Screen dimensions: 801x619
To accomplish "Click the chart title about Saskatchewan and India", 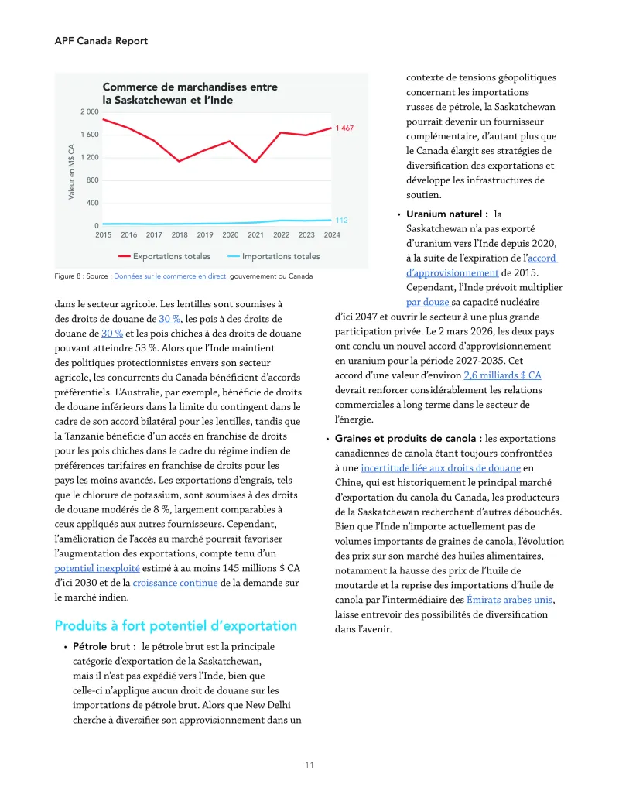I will [190, 94].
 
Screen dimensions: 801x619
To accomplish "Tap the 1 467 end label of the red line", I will [344, 128].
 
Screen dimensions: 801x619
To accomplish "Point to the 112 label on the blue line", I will [341, 220].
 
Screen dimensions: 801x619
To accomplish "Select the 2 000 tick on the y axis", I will [89, 111].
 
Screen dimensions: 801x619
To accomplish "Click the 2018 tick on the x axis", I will [180, 234].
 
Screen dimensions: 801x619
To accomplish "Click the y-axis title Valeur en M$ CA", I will [71, 172].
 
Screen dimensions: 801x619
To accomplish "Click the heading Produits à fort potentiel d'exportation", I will [176, 625].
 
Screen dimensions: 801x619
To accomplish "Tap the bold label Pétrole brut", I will [104, 646].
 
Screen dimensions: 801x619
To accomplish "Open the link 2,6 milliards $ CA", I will [502, 375].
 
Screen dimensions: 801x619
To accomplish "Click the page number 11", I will [309, 765].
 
